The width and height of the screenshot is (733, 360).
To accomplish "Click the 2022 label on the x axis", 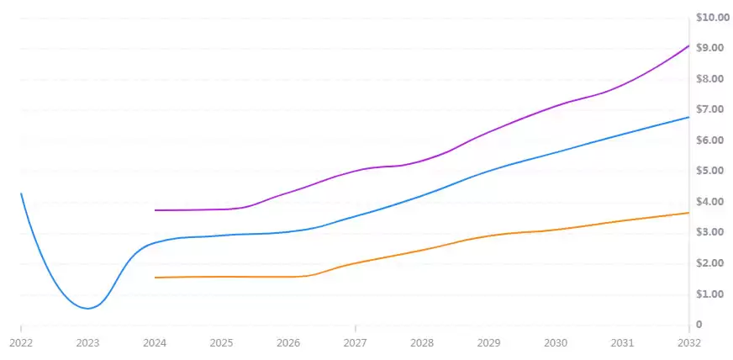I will (20, 343).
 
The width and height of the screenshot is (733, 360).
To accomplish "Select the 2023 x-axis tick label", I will (87, 343).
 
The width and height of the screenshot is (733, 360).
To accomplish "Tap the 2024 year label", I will (154, 343).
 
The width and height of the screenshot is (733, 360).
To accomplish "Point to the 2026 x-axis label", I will (288, 343).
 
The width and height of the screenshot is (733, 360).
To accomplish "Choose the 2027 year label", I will (355, 343).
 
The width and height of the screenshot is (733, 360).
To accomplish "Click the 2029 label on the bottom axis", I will (488, 343).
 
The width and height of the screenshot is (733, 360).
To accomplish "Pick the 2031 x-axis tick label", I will (622, 343).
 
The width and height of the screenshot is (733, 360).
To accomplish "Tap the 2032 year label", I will (688, 343).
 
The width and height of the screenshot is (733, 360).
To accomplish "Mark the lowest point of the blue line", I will (87, 309).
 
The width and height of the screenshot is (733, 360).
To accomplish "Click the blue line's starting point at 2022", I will (21, 193).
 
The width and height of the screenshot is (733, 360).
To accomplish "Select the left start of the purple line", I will (155, 210).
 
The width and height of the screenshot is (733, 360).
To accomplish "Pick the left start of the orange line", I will (155, 278).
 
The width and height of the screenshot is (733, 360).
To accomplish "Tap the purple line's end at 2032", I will (688, 45).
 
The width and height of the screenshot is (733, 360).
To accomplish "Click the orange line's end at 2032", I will (688, 213).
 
